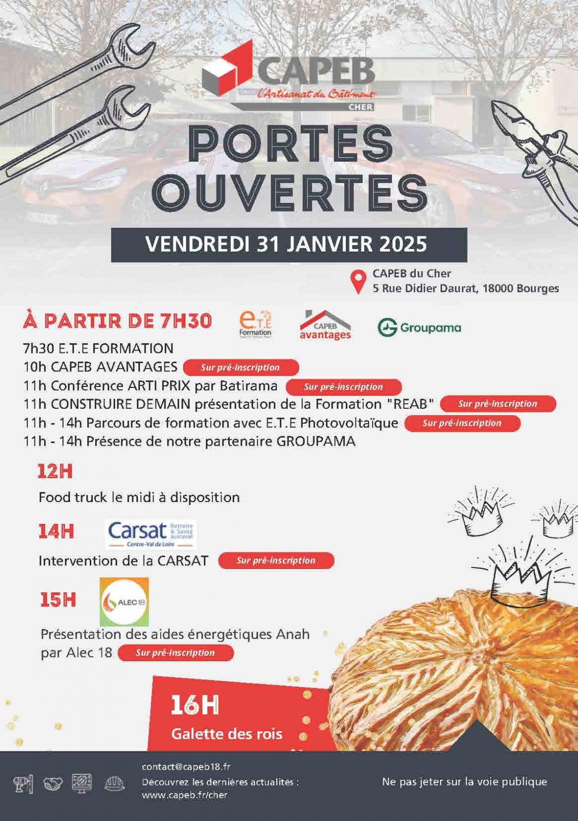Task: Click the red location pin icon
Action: click(x=359, y=281)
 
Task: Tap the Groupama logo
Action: click(x=419, y=328)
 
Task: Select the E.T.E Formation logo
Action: click(x=255, y=325)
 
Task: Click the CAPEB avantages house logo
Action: click(x=325, y=325)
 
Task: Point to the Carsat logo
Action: click(x=152, y=534)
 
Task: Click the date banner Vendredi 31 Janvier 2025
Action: click(x=288, y=244)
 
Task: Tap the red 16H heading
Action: click(x=194, y=705)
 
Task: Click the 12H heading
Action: click(x=55, y=472)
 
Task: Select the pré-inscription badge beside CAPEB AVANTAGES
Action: click(x=240, y=368)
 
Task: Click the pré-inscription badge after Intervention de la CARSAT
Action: click(x=276, y=560)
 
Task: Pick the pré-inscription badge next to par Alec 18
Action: click(x=175, y=653)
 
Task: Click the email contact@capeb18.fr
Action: click(x=186, y=767)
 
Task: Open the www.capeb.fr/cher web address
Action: click(x=185, y=795)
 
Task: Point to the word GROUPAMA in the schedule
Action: click(x=315, y=441)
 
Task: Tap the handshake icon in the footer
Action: click(x=53, y=784)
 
